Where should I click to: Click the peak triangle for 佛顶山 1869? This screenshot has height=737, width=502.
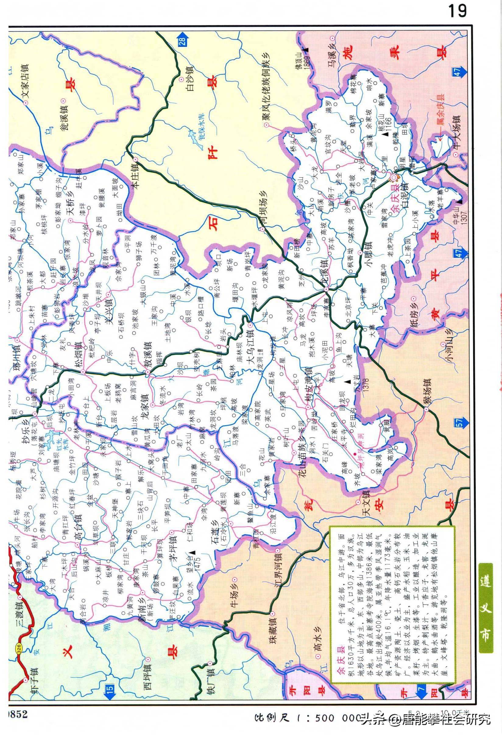pos(306,50)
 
